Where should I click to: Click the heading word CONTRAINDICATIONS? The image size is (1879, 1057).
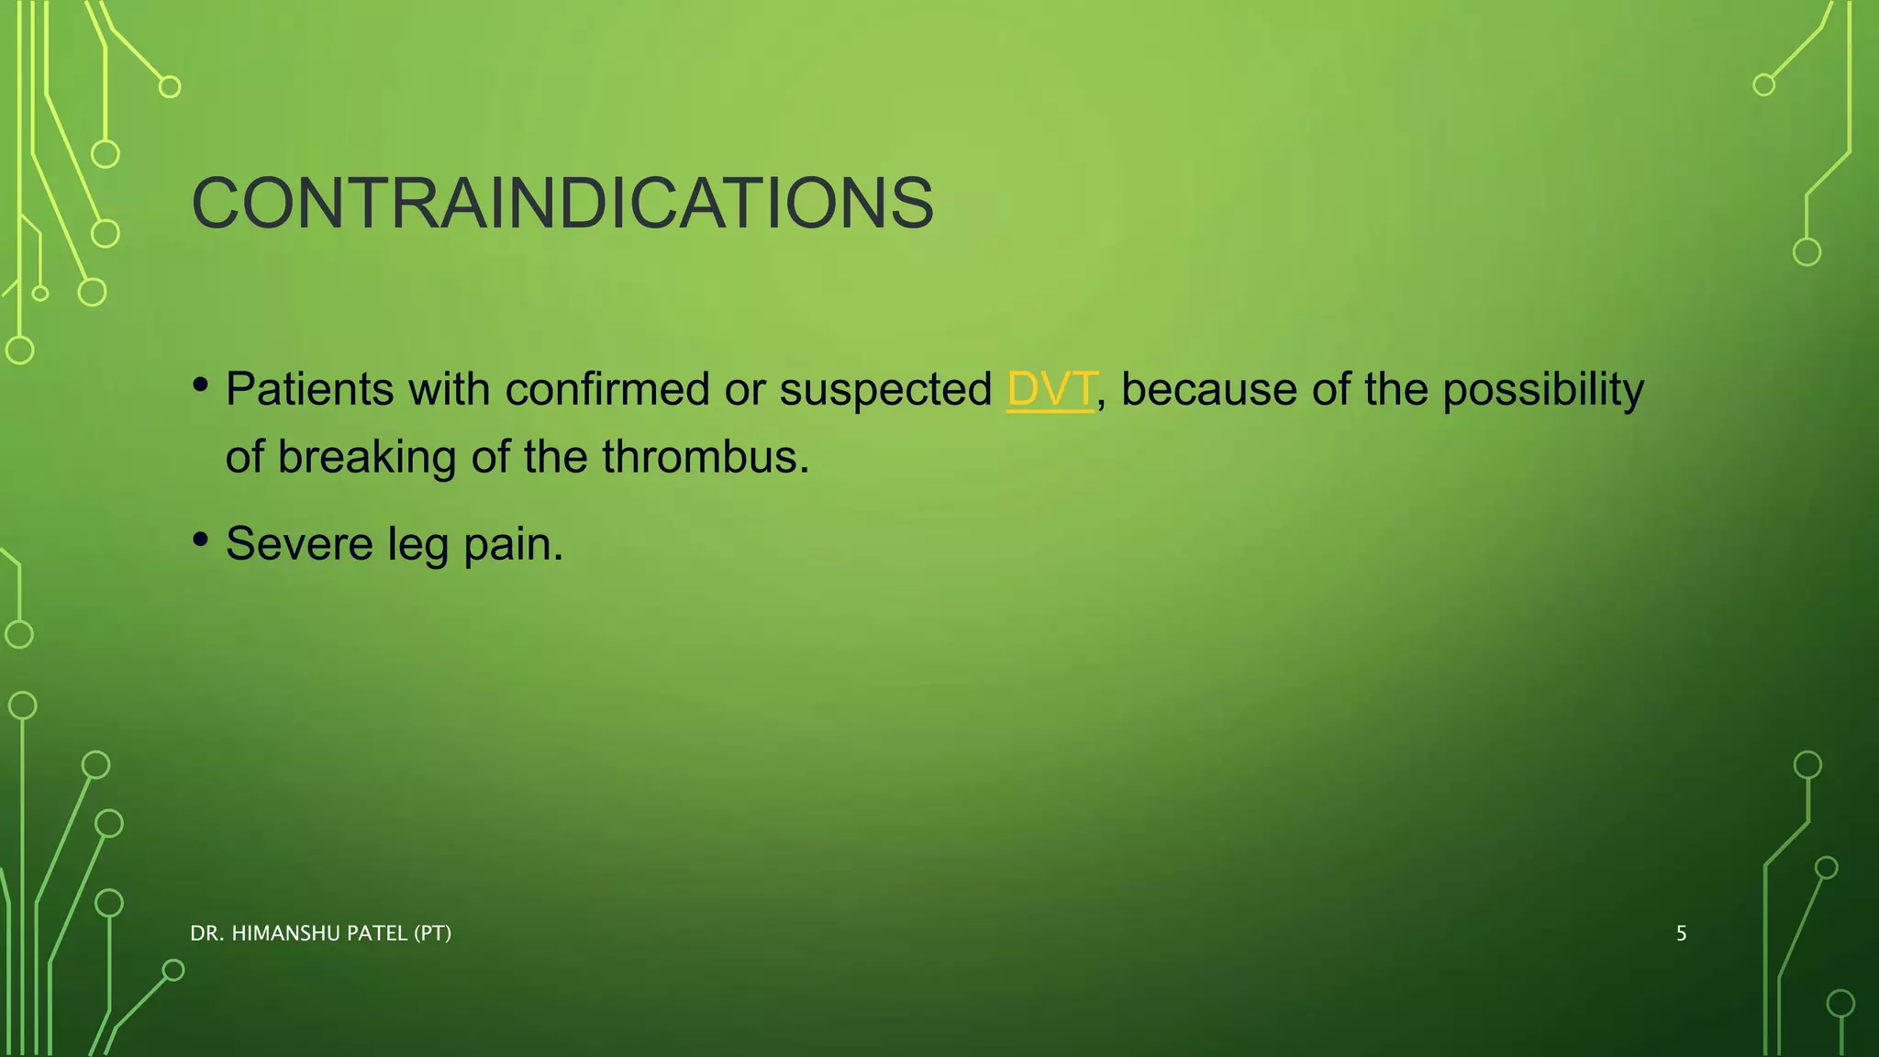[562, 204]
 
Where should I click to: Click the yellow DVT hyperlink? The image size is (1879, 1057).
[1051, 390]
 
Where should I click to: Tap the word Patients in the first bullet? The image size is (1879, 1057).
[309, 390]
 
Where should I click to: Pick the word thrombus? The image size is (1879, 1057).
[706, 457]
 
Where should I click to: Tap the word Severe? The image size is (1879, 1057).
[299, 544]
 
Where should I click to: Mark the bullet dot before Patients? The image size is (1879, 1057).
[201, 384]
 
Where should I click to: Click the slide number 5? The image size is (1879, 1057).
[1681, 934]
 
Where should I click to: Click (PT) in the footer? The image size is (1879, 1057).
[432, 934]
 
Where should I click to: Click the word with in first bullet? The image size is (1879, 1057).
[449, 390]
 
